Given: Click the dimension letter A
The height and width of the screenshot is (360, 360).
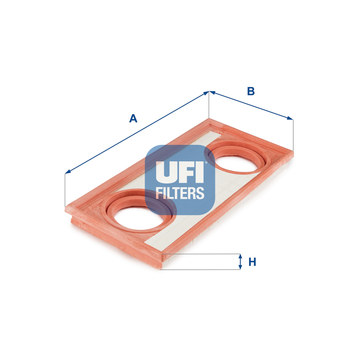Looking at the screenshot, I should pos(133,118).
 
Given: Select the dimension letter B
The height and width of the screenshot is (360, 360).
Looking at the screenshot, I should pos(251,91).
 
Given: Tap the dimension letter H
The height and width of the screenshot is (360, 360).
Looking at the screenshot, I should pos(252,262).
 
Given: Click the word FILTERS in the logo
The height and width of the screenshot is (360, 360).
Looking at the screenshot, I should pos(180,193).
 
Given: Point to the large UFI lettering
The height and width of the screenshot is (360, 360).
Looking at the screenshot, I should pos(180,172).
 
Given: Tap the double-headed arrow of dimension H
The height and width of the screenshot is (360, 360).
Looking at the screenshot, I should pos(240,262).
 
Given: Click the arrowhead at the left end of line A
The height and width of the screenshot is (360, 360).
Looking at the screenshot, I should pos(67,172).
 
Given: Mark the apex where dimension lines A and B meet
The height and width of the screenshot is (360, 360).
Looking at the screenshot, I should pos(209,92).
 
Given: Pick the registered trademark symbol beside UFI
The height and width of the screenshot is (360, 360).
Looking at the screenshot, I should pos(205,162).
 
